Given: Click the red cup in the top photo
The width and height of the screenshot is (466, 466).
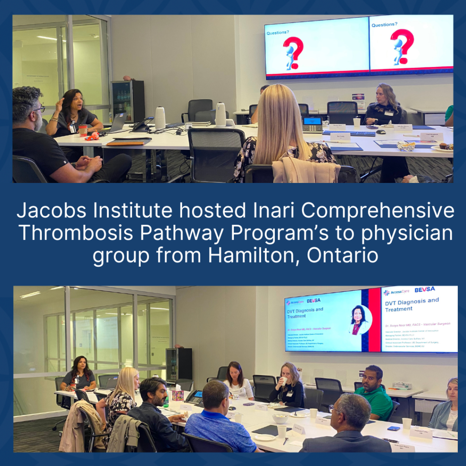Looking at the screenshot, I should (x=83, y=130).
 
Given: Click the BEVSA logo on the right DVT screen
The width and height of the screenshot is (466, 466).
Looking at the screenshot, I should (x=425, y=289).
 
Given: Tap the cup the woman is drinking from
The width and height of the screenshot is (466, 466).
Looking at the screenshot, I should (x=284, y=381).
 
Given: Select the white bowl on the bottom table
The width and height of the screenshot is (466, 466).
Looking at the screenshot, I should (x=280, y=418).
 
